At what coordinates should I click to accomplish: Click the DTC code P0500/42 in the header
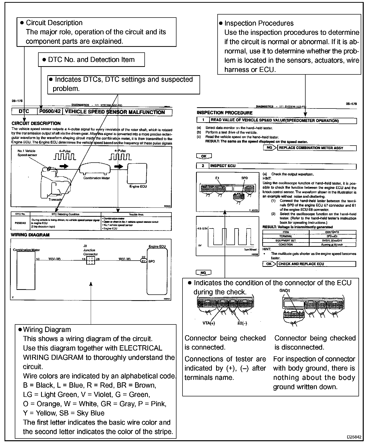pyautogui.click(x=50, y=112)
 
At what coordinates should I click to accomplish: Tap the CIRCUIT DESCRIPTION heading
pyautogui.click(x=36, y=123)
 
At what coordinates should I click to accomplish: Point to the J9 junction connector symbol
pyautogui.click(x=90, y=261)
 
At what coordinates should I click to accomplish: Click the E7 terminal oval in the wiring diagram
pyautogui.click(x=143, y=261)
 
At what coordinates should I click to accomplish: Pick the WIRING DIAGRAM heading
pyautogui.click(x=30, y=235)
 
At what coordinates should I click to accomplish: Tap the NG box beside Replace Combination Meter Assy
pyautogui.click(x=269, y=148)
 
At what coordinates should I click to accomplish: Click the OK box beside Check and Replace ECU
pyautogui.click(x=269, y=264)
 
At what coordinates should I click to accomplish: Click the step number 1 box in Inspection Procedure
pyautogui.click(x=203, y=121)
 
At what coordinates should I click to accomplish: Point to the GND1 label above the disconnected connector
pyautogui.click(x=285, y=291)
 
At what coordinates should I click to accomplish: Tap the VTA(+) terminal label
pyautogui.click(x=209, y=323)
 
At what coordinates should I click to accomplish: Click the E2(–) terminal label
pyautogui.click(x=242, y=323)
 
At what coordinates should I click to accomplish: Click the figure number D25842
pyautogui.click(x=354, y=437)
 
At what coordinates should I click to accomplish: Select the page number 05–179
pyautogui.click(x=351, y=104)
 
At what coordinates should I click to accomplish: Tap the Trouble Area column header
pyautogui.click(x=136, y=214)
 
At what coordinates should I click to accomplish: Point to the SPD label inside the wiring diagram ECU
pyautogui.click(x=151, y=261)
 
